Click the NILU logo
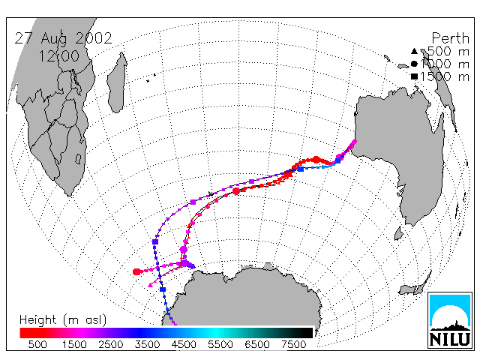tap(450, 320)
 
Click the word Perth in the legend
tap(450, 38)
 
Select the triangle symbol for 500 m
tap(414, 51)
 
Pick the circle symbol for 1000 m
tap(414, 64)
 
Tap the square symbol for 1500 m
tap(414, 76)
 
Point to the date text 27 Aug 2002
tap(63, 38)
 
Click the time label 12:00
tap(59, 56)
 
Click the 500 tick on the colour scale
tap(37, 345)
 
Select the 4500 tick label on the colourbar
tap(184, 345)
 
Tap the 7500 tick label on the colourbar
tap(293, 345)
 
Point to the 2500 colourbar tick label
tap(110, 345)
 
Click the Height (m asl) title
tap(63, 320)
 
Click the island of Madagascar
tap(117, 82)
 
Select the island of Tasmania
tap(398, 233)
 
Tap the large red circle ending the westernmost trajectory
tap(136, 271)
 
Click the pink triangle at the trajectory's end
tap(150, 285)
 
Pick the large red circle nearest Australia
tap(316, 160)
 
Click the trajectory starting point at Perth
tap(355, 142)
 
